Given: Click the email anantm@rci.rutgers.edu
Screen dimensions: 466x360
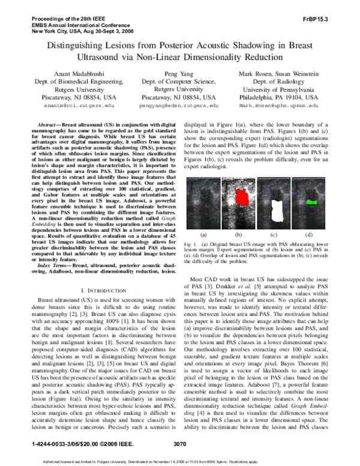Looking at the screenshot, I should tap(70, 104).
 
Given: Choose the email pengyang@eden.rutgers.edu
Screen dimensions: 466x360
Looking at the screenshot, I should tap(180, 104).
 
